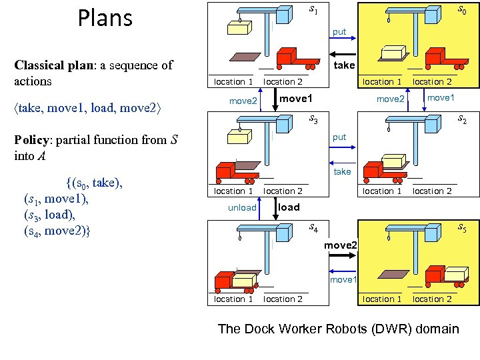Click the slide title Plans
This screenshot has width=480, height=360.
pyautogui.click(x=105, y=18)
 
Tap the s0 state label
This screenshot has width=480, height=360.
pyautogui.click(x=461, y=10)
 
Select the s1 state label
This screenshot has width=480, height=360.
pyautogui.click(x=313, y=10)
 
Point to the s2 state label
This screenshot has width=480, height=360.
pyautogui.click(x=461, y=120)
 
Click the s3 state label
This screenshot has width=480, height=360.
pyautogui.click(x=313, y=120)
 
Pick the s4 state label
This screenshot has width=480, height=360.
pyautogui.click(x=313, y=229)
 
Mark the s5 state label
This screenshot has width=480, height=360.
pyautogui.click(x=461, y=229)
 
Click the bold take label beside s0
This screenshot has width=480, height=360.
pyautogui.click(x=344, y=65)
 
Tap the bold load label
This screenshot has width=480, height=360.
pyautogui.click(x=289, y=207)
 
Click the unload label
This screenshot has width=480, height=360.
pyautogui.click(x=242, y=208)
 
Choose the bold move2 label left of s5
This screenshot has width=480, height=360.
pyautogui.click(x=341, y=245)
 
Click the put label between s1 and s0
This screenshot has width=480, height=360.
pyautogui.click(x=339, y=32)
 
